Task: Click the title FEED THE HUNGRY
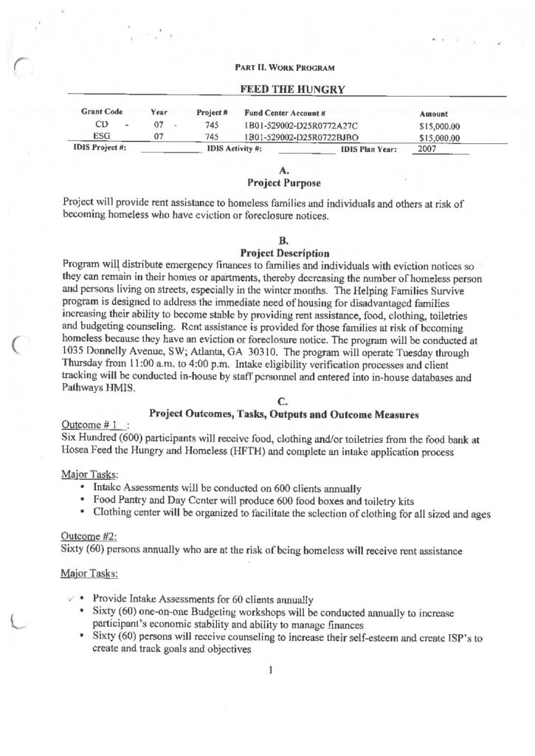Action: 284,89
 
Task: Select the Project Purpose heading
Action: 283,181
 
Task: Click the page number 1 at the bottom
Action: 272,670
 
